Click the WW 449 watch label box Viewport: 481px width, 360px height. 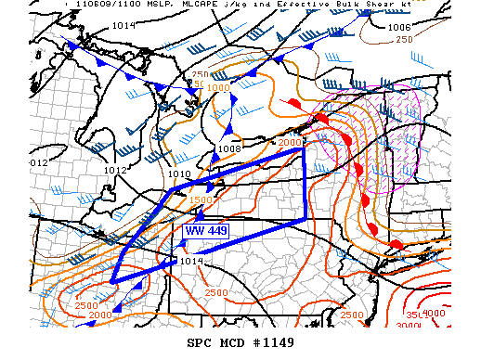(206, 230)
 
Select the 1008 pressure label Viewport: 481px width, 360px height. (229, 148)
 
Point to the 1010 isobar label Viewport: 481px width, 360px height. (179, 174)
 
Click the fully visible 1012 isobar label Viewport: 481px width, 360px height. (115, 171)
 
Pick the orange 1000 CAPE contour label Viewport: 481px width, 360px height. (219, 88)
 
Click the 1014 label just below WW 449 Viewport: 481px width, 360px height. (191, 261)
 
